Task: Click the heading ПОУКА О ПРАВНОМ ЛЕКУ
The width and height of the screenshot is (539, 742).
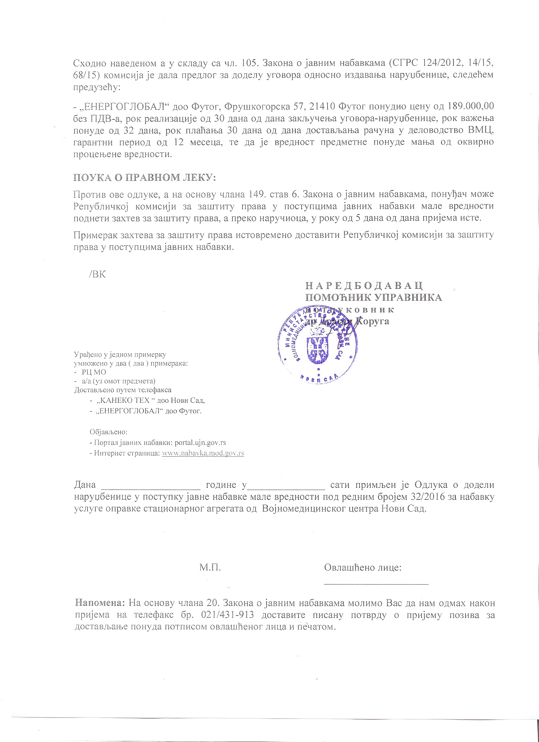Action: (x=144, y=177)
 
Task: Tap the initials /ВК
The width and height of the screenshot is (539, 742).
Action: (x=97, y=274)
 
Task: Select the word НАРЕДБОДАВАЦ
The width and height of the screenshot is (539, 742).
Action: (x=364, y=286)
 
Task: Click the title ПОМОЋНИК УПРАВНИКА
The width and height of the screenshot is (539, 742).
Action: (x=373, y=297)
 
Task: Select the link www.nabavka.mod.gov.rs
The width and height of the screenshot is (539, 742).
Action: (x=203, y=453)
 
